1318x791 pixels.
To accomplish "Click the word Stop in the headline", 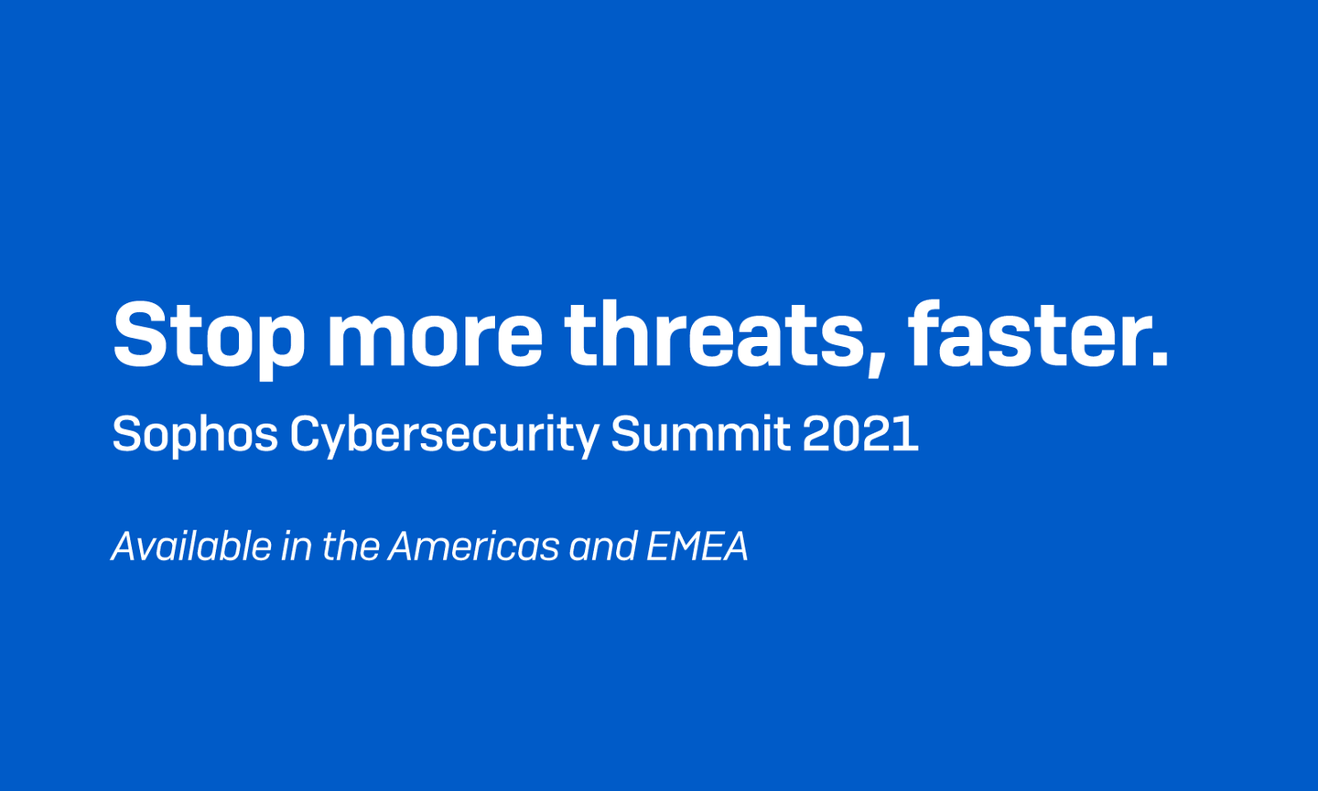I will (209, 335).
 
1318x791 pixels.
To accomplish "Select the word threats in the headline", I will (712, 335).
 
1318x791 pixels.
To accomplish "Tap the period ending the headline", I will (1160, 360).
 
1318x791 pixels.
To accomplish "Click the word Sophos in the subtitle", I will (195, 434).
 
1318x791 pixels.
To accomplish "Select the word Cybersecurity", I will (445, 434).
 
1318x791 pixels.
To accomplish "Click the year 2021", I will (860, 434).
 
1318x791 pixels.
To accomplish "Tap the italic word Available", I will (192, 547).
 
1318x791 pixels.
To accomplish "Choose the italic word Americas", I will (473, 547).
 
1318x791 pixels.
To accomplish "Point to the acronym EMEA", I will (697, 547).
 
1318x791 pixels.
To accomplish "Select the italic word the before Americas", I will (351, 547).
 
